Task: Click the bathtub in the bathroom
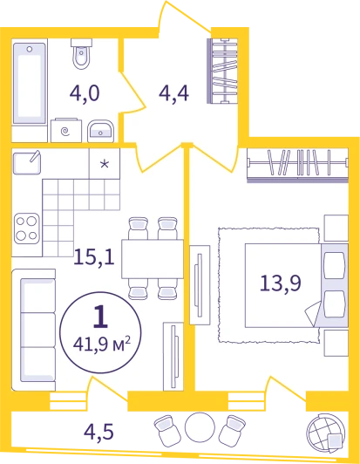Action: pos(30,83)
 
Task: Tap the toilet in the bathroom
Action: pos(81,54)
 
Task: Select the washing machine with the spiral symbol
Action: pos(66,131)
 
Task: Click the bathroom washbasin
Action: pos(100,131)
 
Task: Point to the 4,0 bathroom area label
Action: pos(85,93)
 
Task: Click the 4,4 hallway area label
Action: pos(173,93)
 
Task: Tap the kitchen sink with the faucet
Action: pos(27,162)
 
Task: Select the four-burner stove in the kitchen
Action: pos(27,229)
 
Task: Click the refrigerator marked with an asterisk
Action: pos(105,164)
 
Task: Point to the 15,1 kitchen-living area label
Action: pos(94,256)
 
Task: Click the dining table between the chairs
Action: pos(153,259)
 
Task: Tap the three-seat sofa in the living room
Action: pos(34,330)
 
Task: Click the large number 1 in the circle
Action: pos(100,317)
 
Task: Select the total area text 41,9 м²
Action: pos(102,344)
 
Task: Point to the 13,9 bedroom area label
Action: pos(281,283)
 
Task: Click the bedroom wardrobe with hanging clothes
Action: pos(297,165)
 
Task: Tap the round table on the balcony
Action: pos(200,427)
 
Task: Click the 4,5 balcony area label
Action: pos(98,432)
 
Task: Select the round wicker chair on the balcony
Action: pos(326,433)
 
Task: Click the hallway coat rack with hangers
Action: pos(222,71)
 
